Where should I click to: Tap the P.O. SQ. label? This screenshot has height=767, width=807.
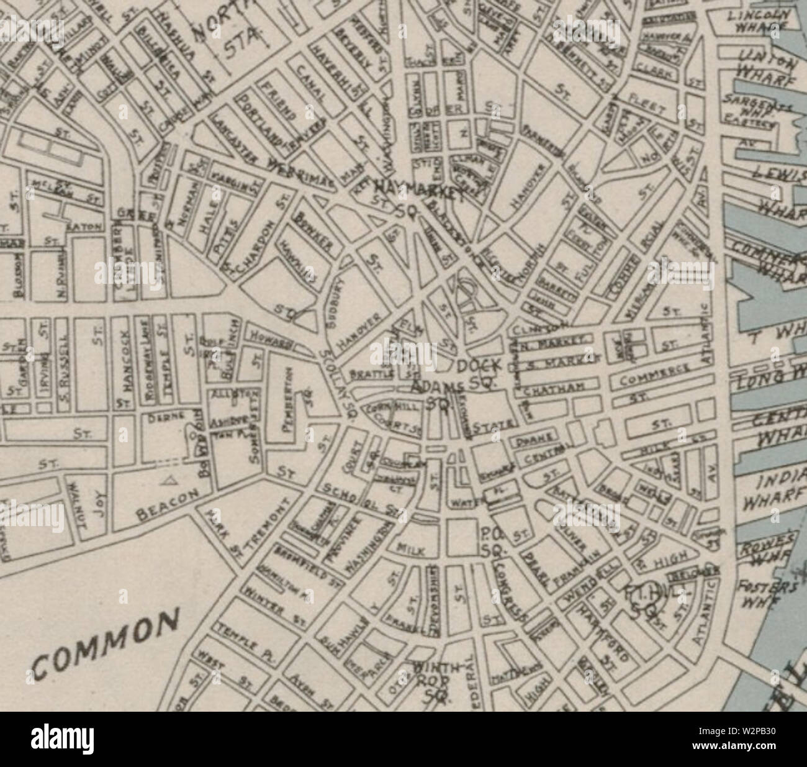point(495,542)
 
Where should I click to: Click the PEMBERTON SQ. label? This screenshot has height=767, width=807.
point(289,404)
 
